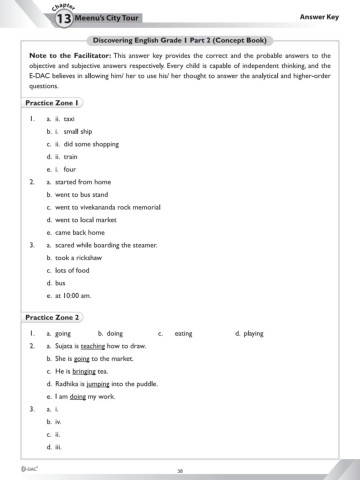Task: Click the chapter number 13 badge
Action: [34, 17]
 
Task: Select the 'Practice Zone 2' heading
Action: [52, 317]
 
